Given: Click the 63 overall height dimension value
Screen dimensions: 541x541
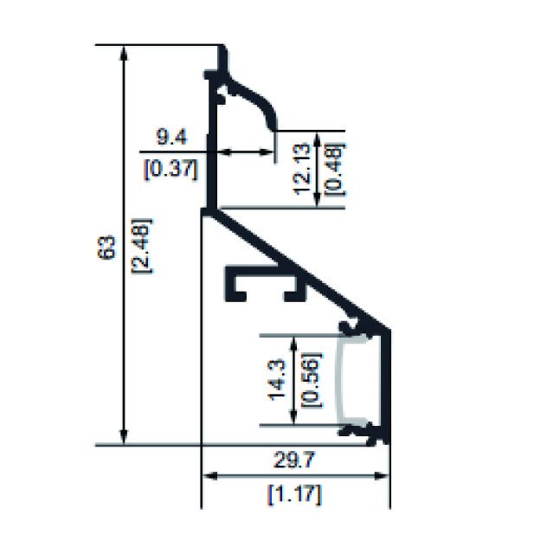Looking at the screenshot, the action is coord(106,247).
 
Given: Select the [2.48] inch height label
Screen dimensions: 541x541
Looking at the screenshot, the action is coord(141,246).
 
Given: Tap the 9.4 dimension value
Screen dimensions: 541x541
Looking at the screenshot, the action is coord(172,136).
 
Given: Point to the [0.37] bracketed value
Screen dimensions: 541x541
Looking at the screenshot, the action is coord(171,170).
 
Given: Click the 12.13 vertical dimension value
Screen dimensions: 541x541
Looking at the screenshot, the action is coord(303,169).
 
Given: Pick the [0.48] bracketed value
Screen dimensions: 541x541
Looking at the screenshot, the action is coord(335,169).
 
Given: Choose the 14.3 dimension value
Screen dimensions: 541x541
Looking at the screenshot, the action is coord(277,379).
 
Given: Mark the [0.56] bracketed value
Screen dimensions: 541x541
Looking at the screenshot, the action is coord(312,379).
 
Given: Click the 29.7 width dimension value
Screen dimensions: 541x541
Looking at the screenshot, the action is coord(294,460).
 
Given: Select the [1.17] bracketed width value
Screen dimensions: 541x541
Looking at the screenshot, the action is coord(294,494).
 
